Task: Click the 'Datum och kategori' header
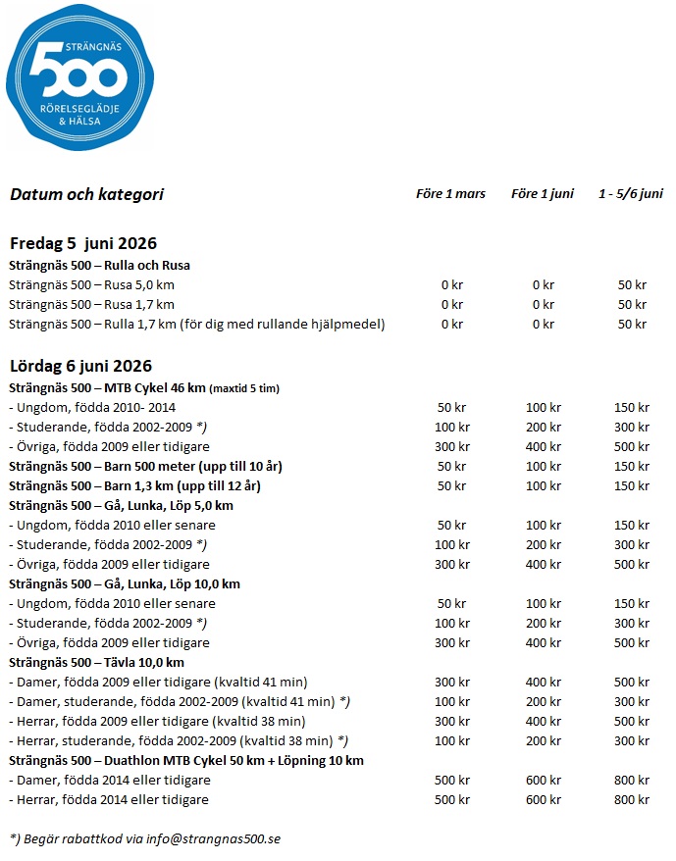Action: point(86,194)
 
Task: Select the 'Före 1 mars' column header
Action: point(450,194)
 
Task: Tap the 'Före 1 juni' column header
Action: point(542,194)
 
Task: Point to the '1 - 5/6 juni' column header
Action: point(631,194)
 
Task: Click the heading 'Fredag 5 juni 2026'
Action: point(83,244)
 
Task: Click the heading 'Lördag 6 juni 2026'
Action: point(80,367)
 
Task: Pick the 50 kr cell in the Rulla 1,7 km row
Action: point(632,325)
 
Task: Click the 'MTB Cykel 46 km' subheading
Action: point(143,388)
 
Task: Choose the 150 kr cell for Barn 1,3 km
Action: point(632,485)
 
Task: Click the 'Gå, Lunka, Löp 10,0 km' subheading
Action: point(125,583)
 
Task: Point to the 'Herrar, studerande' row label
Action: point(177,740)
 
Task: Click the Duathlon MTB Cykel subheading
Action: point(186,760)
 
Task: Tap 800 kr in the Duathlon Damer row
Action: point(632,780)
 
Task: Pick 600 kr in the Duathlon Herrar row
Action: point(542,799)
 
